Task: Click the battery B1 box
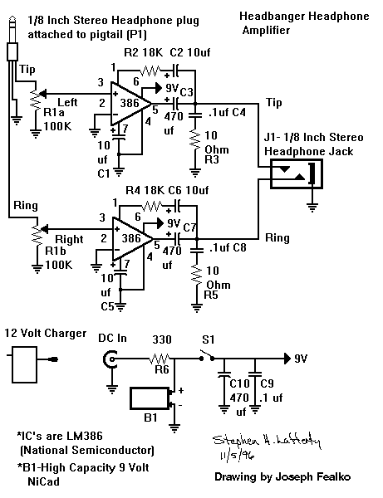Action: (x=150, y=398)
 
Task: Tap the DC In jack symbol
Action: (x=109, y=359)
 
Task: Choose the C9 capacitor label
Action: (x=266, y=383)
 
